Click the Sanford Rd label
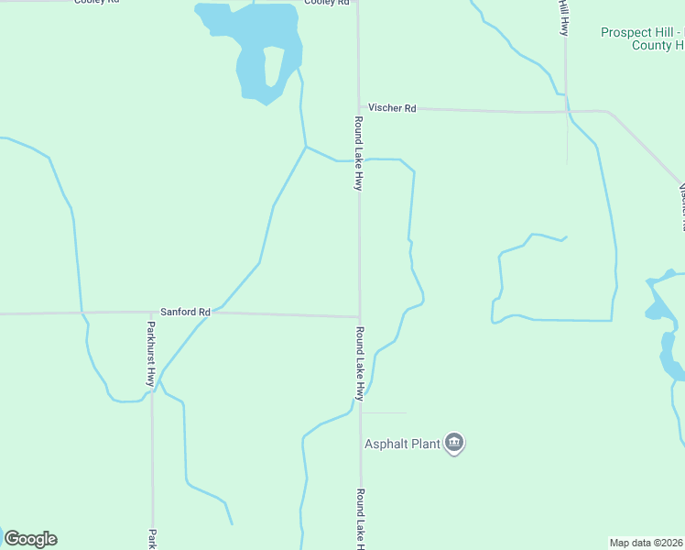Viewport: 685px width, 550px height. click(186, 312)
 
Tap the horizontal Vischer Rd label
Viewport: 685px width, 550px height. click(392, 108)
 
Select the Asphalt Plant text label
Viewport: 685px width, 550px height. click(403, 445)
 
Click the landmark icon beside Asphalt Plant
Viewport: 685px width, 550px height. click(454, 444)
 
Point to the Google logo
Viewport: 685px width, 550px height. click(30, 539)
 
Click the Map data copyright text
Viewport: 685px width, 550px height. click(647, 543)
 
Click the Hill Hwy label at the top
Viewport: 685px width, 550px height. click(564, 16)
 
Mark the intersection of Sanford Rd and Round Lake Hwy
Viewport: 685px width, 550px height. click(359, 317)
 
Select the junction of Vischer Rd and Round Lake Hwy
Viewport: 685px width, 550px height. click(358, 107)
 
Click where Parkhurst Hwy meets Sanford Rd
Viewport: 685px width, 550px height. click(151, 313)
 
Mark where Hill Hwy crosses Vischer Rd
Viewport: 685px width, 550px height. click(566, 111)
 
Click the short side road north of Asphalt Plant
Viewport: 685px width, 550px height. click(385, 412)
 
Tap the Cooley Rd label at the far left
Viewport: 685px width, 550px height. click(96, 2)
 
